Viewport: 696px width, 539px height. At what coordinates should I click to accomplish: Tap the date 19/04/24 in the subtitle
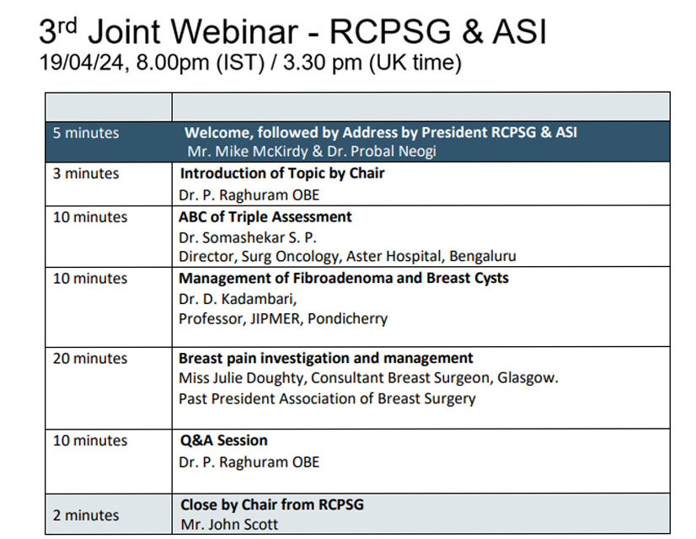tap(82, 62)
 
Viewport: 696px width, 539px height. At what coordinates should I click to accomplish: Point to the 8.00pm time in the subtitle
tap(173, 63)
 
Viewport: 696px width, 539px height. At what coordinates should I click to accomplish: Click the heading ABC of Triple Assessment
tap(265, 217)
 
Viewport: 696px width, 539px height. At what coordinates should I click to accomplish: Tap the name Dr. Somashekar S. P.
tap(248, 237)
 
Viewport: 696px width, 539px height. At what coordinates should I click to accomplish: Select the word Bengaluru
tap(483, 256)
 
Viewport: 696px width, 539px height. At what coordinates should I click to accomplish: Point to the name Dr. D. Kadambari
tap(238, 299)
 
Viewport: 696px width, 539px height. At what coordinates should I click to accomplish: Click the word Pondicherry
tap(347, 319)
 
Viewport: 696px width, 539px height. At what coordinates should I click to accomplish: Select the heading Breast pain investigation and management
tap(326, 358)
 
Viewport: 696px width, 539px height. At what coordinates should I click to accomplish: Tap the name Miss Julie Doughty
tap(243, 378)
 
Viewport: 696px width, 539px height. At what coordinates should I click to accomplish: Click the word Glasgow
tap(527, 378)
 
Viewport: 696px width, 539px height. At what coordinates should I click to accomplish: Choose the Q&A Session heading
tap(224, 440)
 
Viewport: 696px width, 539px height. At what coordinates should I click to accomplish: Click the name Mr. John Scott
tap(229, 525)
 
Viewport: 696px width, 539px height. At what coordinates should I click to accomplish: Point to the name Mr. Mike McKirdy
tap(247, 152)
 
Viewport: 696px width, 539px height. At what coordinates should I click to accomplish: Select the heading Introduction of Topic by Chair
tap(282, 173)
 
